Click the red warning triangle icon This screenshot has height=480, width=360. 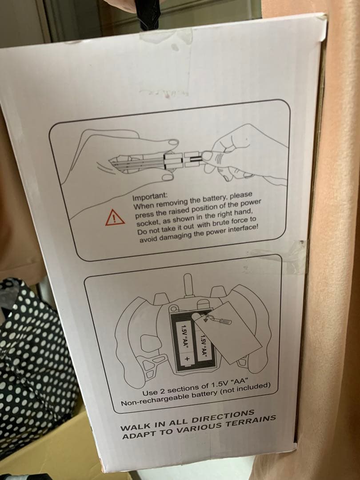(x=115, y=218)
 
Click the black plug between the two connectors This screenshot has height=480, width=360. (x=193, y=160)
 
